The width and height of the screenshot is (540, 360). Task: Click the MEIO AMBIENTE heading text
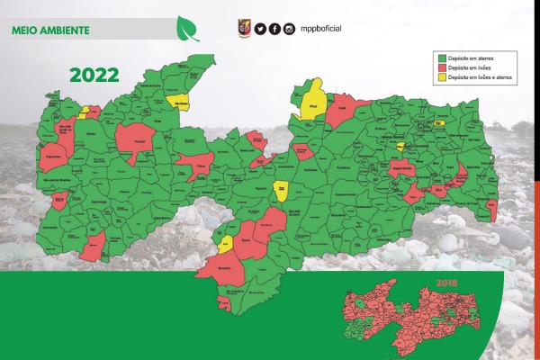tap(50, 30)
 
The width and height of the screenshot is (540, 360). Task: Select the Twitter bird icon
tap(260, 29)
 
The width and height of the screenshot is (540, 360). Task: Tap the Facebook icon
tap(274, 29)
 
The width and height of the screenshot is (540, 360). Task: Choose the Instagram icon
tap(289, 29)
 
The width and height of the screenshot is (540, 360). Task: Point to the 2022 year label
tap(94, 75)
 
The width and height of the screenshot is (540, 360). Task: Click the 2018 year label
tap(447, 283)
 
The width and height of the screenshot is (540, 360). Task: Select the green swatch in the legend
tap(440, 57)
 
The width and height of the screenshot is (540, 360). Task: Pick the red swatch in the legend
tap(440, 67)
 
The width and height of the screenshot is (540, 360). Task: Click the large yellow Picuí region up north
tap(313, 100)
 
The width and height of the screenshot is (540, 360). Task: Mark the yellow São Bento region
tap(180, 102)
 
